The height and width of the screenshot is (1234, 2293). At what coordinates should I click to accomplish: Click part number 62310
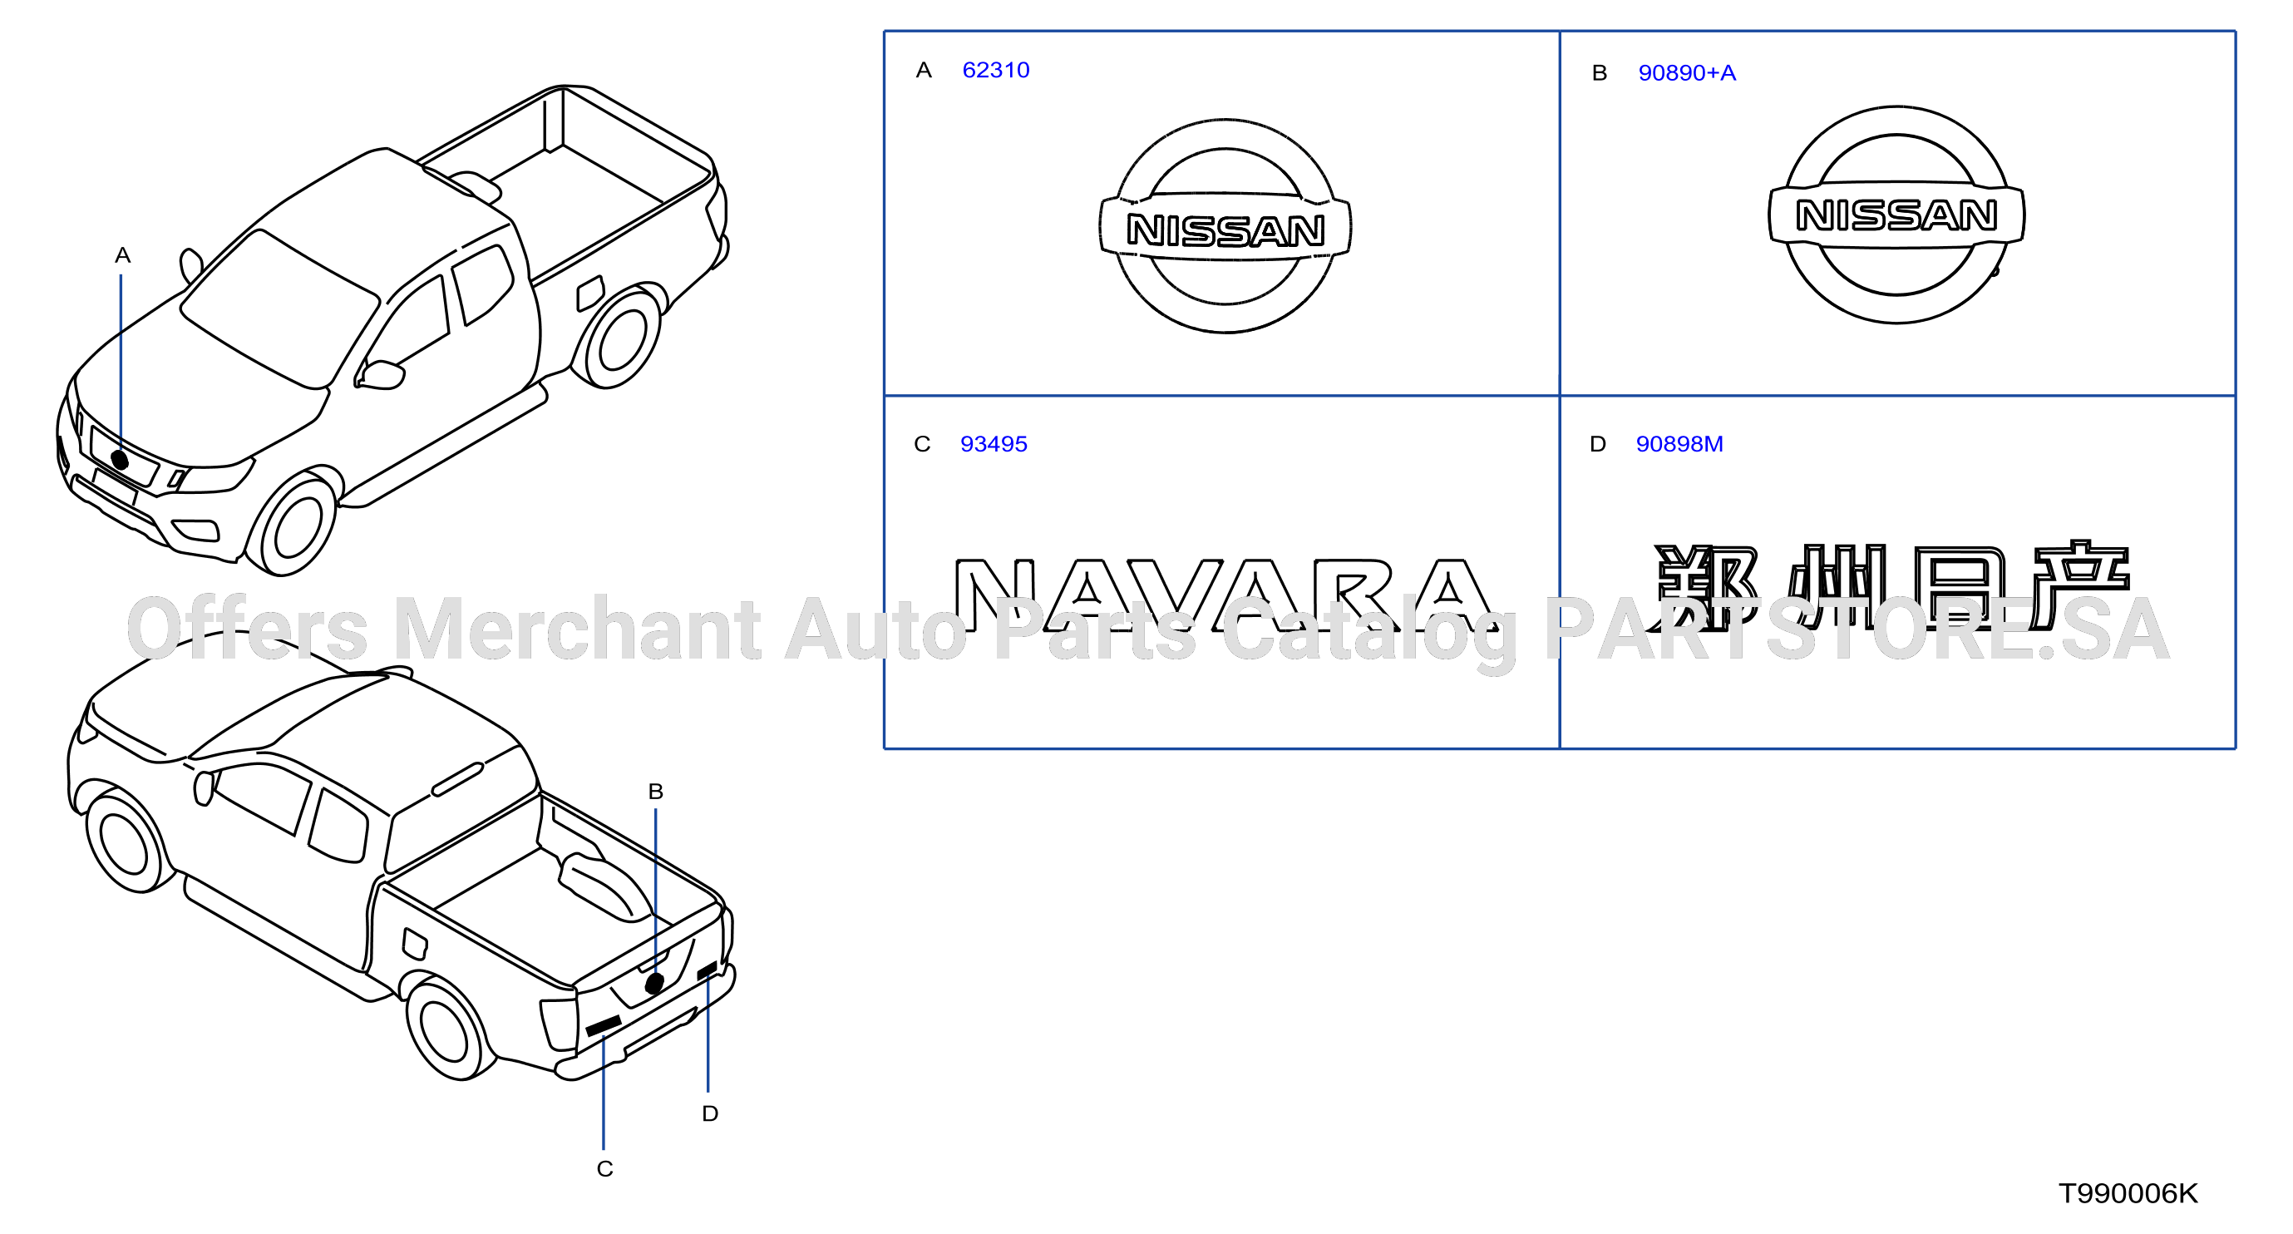(x=995, y=71)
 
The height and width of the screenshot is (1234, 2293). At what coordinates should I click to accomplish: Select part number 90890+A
(x=1687, y=73)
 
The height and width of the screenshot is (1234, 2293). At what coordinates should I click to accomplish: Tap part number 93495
(x=994, y=443)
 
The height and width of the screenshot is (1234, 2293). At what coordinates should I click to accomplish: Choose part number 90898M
(x=1679, y=443)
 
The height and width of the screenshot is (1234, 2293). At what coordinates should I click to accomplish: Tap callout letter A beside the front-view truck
(x=123, y=255)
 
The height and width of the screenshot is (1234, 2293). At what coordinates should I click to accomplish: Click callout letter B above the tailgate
(x=656, y=792)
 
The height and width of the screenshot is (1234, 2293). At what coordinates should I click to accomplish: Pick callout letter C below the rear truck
(x=605, y=1169)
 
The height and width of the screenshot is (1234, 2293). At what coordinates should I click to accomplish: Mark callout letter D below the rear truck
(x=709, y=1113)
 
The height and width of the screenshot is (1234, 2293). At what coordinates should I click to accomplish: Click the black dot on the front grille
(x=121, y=461)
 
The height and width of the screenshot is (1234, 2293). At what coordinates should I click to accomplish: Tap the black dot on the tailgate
(x=655, y=983)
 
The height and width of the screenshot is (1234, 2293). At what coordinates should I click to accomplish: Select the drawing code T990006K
(x=2128, y=1193)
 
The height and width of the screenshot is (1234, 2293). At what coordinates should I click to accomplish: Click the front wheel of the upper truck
(x=292, y=525)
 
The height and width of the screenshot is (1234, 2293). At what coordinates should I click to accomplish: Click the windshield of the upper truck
(x=279, y=307)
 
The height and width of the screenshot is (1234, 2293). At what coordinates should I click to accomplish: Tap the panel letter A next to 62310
(x=924, y=71)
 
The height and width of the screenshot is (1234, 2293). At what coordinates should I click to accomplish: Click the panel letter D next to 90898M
(x=1598, y=443)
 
